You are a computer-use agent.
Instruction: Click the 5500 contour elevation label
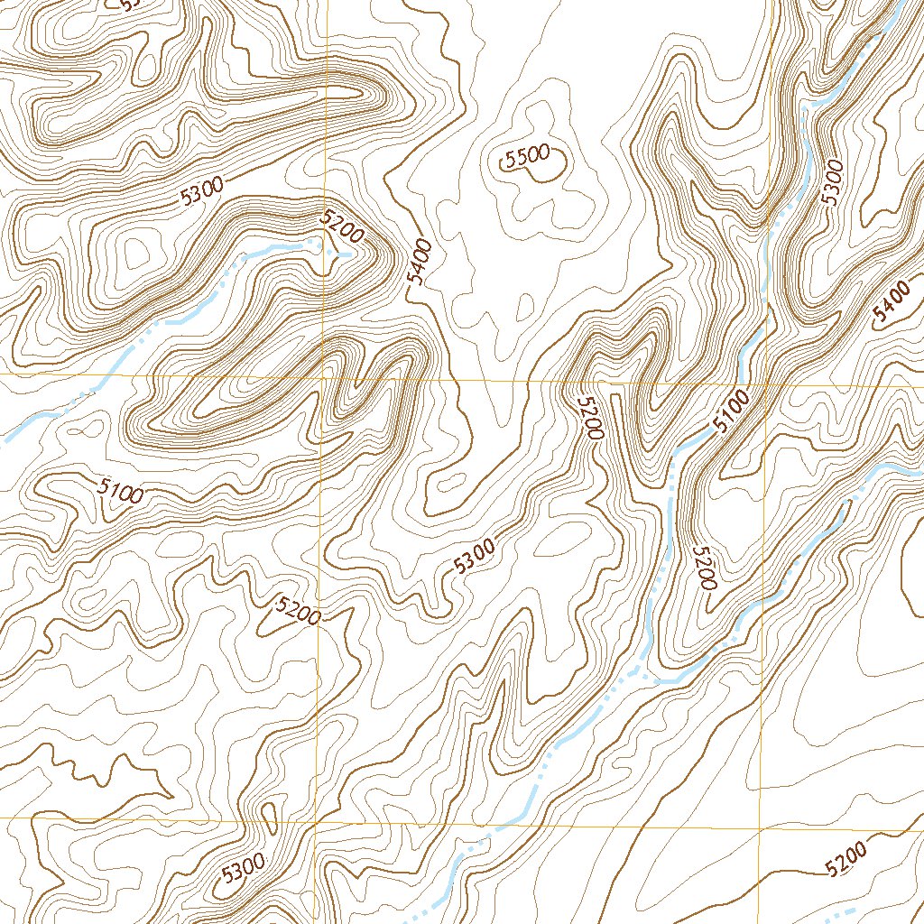pyautogui.click(x=527, y=158)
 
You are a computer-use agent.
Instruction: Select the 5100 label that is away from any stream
pyautogui.click(x=121, y=491)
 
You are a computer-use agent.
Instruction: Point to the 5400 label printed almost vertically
pyautogui.click(x=420, y=261)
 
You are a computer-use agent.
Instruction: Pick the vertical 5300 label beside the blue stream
pyautogui.click(x=832, y=181)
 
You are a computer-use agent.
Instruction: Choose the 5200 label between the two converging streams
pyautogui.click(x=705, y=568)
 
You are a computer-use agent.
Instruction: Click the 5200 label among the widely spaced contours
pyautogui.click(x=846, y=858)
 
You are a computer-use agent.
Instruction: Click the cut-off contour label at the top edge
pyautogui.click(x=131, y=5)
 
